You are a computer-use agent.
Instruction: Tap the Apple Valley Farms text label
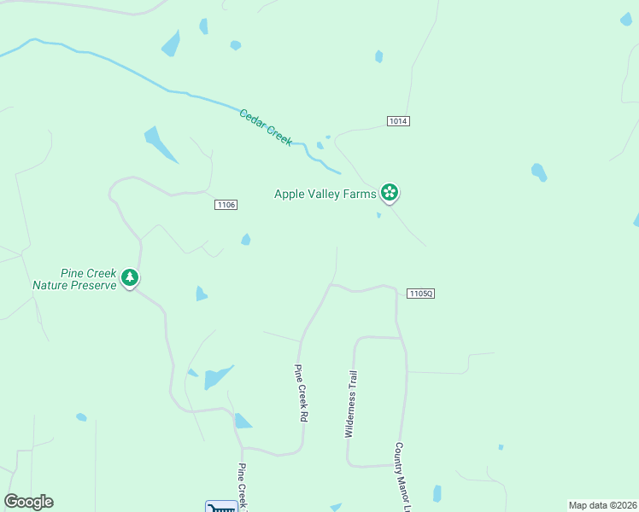click(325, 194)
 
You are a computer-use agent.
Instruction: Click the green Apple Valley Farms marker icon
click(390, 193)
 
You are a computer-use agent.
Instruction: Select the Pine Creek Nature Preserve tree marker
click(130, 277)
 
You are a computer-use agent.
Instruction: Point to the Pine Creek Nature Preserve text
click(73, 279)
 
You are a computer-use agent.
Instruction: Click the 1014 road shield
click(398, 121)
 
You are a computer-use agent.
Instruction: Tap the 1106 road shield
click(226, 205)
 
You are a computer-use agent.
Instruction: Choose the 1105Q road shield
click(421, 293)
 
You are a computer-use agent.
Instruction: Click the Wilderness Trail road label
click(350, 404)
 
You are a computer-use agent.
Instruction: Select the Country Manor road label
click(403, 476)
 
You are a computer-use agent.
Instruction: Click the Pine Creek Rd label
click(301, 394)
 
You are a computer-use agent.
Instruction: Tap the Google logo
click(28, 502)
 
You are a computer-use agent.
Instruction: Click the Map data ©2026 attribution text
click(602, 504)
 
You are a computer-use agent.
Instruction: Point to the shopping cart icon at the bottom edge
click(221, 507)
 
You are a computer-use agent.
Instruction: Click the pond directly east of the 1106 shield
click(246, 240)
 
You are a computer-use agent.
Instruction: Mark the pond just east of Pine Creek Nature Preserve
click(201, 294)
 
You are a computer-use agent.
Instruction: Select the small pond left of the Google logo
click(81, 417)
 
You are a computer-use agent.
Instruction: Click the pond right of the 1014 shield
click(539, 172)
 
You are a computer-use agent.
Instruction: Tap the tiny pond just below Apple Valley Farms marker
click(378, 215)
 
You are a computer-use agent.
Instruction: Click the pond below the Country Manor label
click(437, 493)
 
